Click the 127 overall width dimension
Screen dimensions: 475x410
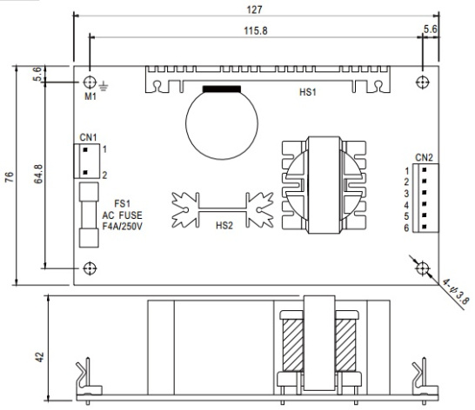coord(254,10)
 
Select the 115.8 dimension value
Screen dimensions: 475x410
coord(256,31)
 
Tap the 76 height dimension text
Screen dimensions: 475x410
coord(10,176)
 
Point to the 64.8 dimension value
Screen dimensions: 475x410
coord(38,174)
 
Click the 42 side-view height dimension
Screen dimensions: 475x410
coord(40,357)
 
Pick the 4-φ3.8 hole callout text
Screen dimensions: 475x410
coord(455,292)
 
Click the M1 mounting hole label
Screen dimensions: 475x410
coord(90,96)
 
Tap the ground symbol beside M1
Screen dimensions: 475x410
coord(104,86)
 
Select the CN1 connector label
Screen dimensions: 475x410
coord(88,137)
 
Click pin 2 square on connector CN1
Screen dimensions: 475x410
coord(85,173)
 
